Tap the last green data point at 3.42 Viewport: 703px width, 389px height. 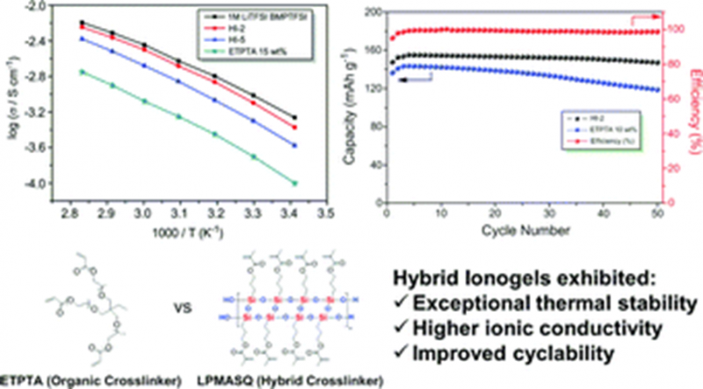click(x=294, y=183)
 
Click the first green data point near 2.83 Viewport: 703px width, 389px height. click(x=83, y=71)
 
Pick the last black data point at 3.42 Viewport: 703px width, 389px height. click(x=294, y=117)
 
